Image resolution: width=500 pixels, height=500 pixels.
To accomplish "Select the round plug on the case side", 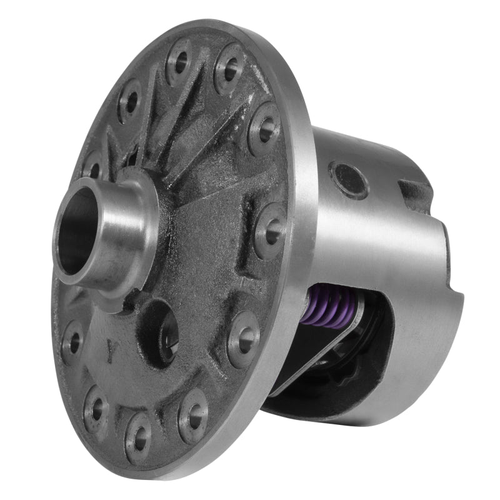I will pos(348,180).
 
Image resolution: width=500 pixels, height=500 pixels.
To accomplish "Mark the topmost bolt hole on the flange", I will pos(179,61).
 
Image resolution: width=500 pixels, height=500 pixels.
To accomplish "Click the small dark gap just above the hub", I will pos(132,156).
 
